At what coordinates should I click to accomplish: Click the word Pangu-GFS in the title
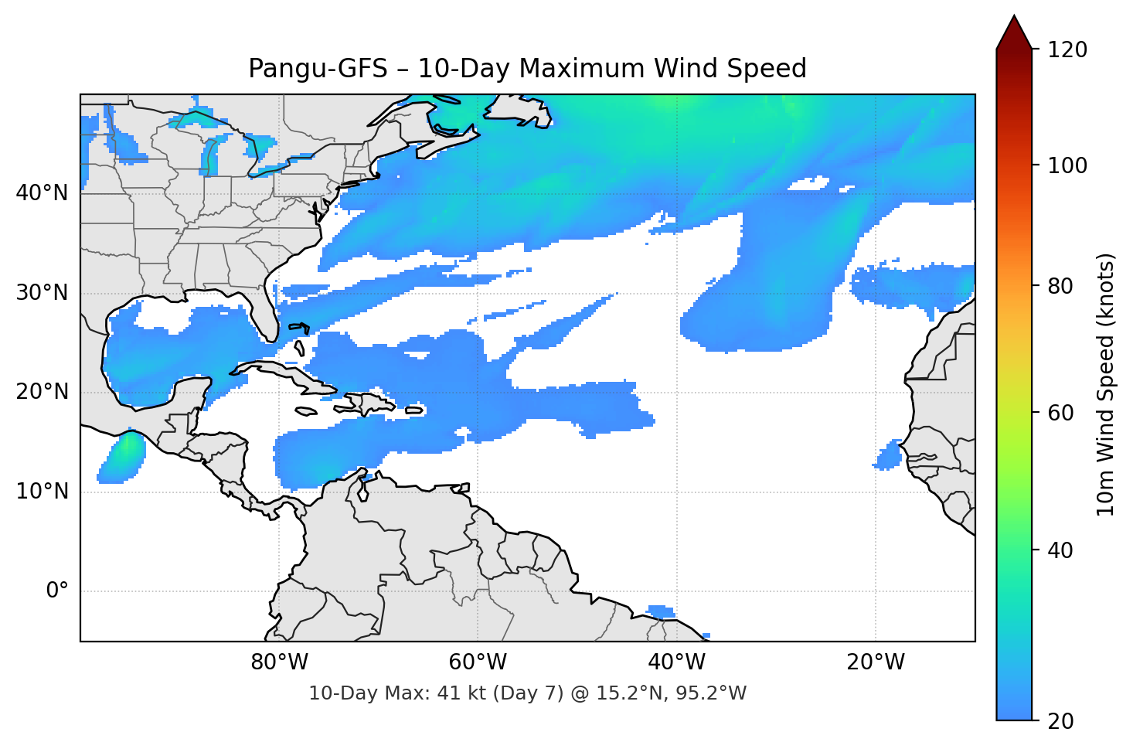[318, 69]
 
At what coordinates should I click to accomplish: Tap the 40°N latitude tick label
[42, 193]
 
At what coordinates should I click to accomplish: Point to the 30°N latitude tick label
[42, 293]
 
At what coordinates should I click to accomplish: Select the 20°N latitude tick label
[42, 392]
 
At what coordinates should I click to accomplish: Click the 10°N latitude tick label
[42, 492]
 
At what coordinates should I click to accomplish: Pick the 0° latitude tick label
[56, 591]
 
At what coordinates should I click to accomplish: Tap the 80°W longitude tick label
[279, 662]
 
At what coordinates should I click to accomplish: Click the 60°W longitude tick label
[478, 662]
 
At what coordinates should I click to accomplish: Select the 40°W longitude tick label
[676, 662]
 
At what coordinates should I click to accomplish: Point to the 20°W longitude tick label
[875, 662]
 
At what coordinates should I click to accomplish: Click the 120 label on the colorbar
[1067, 50]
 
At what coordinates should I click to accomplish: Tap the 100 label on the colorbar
[1067, 165]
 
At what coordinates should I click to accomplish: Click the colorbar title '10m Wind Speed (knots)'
[1106, 385]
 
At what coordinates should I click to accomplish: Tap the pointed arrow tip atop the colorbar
[1014, 20]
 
